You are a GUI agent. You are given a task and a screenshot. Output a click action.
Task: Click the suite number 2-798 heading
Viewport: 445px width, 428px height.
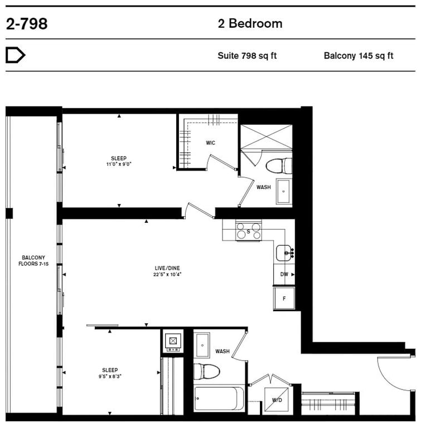click(x=27, y=23)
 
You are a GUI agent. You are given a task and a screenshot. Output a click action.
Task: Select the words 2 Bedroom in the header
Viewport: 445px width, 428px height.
click(x=250, y=23)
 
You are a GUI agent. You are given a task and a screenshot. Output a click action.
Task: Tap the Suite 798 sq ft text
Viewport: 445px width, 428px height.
click(x=247, y=56)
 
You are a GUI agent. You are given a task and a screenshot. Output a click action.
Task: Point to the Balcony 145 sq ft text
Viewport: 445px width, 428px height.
click(x=359, y=56)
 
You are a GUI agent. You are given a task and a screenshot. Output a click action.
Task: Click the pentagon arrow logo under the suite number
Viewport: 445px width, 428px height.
click(x=15, y=55)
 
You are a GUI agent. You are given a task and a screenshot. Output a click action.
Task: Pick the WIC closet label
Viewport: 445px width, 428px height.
click(x=211, y=143)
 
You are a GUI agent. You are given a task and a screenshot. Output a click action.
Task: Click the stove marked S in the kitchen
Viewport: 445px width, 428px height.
click(x=249, y=231)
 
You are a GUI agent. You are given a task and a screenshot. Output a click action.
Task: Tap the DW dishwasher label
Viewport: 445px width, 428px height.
click(x=284, y=274)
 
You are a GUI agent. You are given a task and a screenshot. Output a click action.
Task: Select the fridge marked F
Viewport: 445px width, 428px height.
click(x=284, y=298)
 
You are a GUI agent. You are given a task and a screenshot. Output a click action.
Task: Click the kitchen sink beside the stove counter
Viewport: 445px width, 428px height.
click(x=284, y=252)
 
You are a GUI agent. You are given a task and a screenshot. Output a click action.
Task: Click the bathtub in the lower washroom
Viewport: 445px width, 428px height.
click(x=219, y=398)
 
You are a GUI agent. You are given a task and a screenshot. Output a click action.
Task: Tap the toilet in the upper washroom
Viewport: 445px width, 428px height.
click(x=279, y=166)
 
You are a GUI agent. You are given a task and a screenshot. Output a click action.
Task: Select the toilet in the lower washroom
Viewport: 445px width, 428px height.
click(x=206, y=371)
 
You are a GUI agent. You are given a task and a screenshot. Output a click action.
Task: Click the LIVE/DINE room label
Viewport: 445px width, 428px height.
click(x=167, y=268)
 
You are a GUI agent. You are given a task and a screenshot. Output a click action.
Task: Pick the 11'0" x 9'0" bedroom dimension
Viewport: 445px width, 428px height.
click(x=119, y=164)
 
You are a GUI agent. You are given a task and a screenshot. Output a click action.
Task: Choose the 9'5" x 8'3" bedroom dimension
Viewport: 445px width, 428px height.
click(x=110, y=376)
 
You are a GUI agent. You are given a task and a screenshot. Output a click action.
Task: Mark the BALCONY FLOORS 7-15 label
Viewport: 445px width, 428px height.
click(x=33, y=261)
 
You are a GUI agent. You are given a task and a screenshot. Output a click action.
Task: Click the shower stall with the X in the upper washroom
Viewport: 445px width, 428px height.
click(x=266, y=137)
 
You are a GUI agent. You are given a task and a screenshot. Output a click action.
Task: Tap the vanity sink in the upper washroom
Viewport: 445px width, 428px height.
click(x=283, y=192)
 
